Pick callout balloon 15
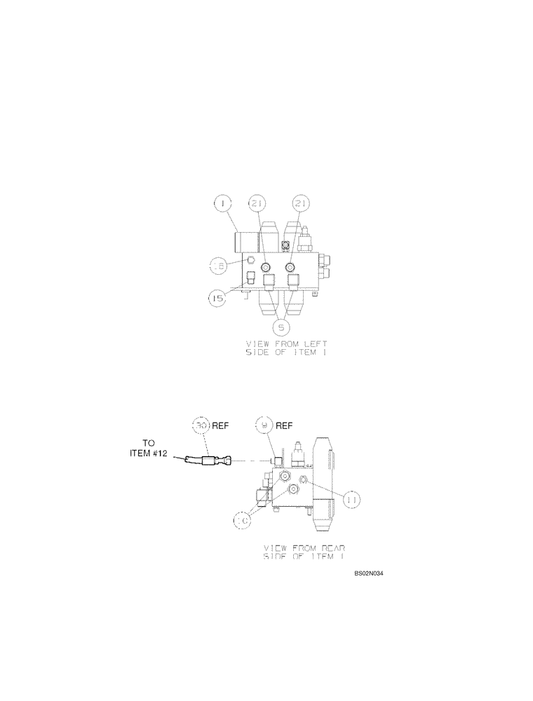point(217,299)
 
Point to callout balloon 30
point(201,425)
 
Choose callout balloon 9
point(265,425)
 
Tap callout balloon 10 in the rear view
point(243,520)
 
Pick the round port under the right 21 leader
point(290,268)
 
